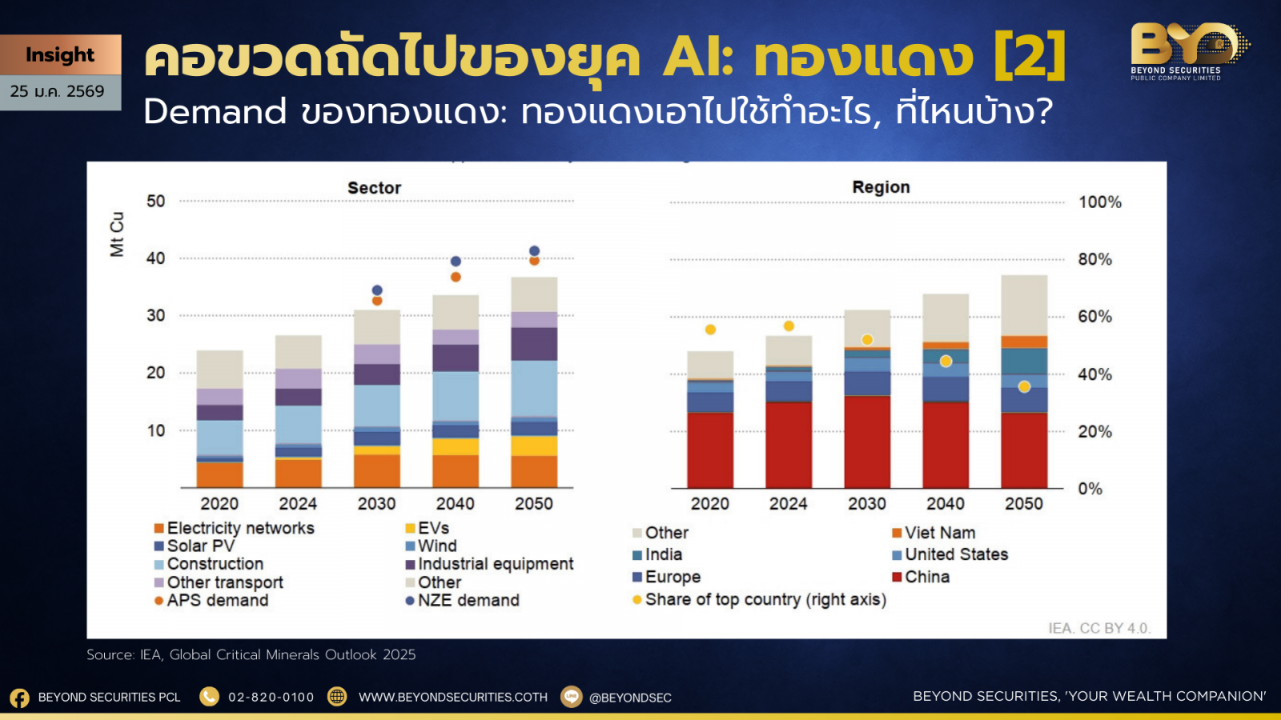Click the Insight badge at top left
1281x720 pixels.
60,55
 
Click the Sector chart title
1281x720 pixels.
375,188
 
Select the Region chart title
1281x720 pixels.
881,187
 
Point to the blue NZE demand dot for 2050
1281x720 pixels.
534,251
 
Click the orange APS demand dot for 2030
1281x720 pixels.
377,301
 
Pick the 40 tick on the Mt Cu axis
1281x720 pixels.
155,258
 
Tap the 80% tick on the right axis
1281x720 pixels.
1095,259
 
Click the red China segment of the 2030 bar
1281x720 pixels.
867,442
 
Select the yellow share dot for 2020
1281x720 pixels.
710,330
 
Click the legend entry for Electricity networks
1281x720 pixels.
235,528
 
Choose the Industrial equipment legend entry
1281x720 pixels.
489,564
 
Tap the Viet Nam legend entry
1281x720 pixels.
934,533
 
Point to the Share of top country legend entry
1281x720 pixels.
760,599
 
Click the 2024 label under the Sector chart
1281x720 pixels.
298,503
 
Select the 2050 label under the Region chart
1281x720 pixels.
1024,503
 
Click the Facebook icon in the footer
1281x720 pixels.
19,698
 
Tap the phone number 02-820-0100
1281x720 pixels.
271,697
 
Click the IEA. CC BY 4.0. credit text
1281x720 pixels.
1099,628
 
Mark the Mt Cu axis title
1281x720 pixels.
117,234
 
